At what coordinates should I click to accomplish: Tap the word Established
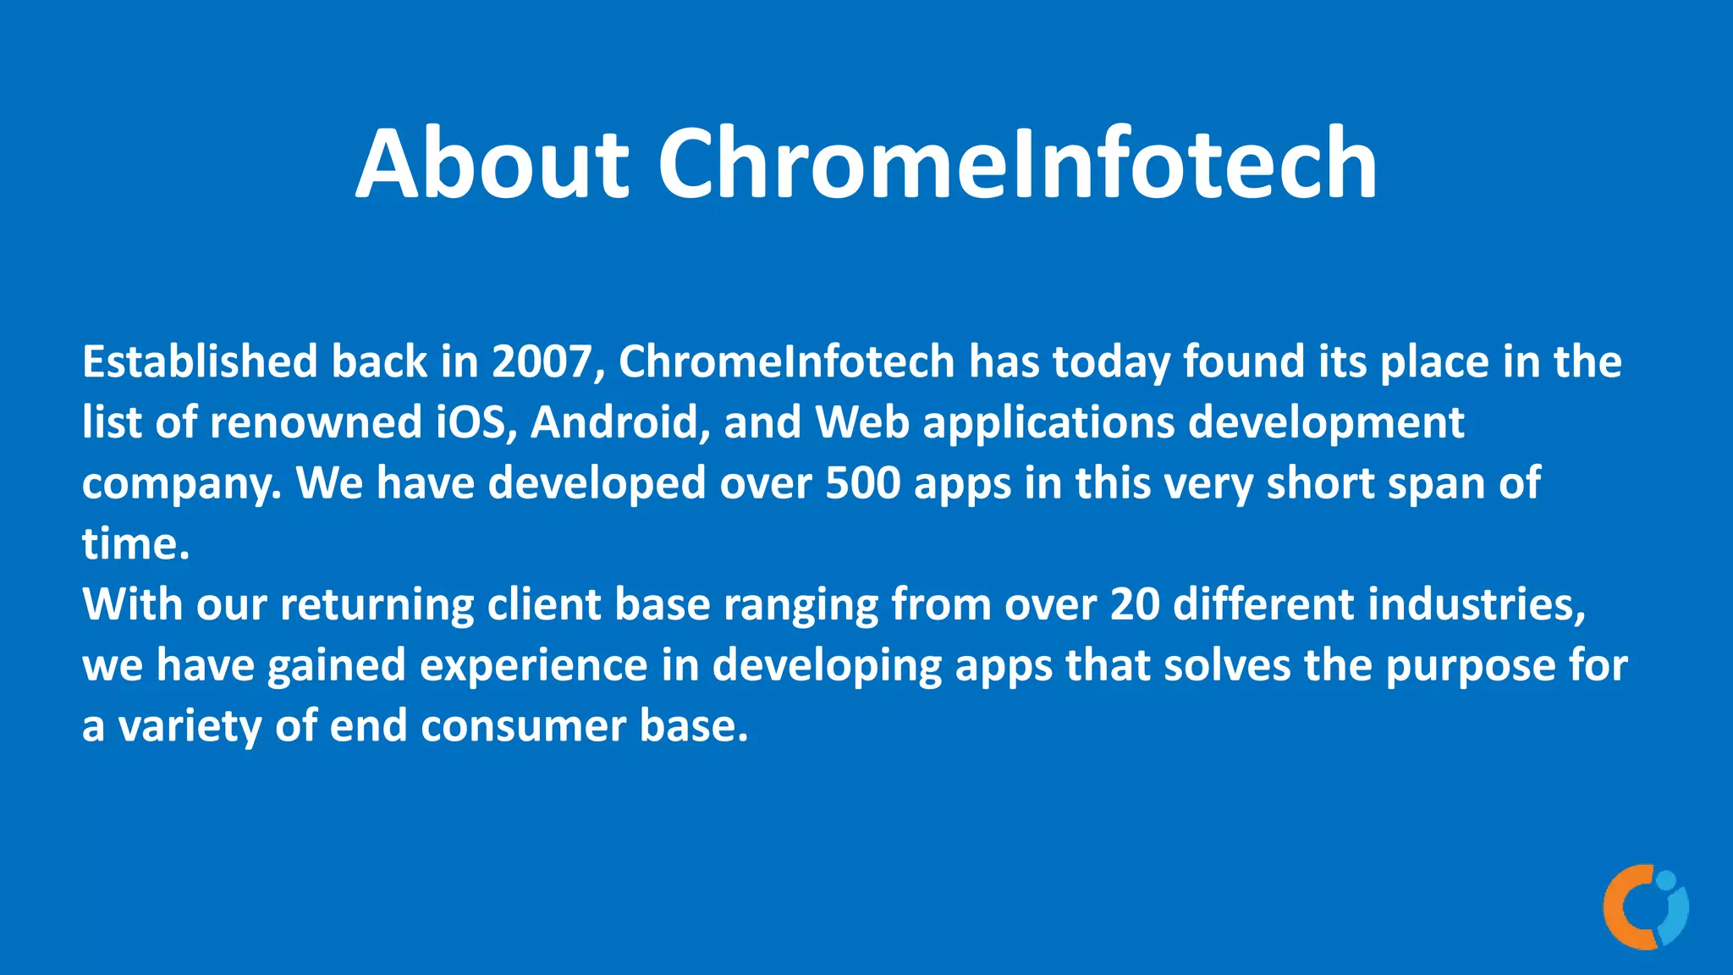(x=200, y=361)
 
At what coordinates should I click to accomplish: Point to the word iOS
(x=476, y=422)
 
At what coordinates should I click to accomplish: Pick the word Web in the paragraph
(x=862, y=422)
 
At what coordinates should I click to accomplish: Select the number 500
(x=863, y=483)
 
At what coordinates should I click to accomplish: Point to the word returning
(x=377, y=604)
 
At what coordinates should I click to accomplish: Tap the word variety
(x=190, y=727)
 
